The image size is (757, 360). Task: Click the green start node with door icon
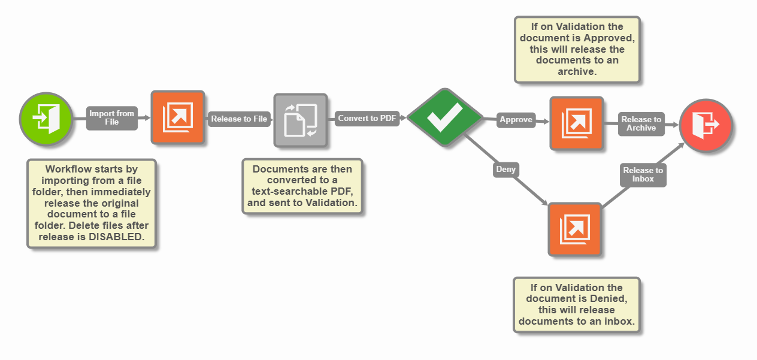[x=46, y=118]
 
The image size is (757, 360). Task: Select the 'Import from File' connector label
[x=111, y=117]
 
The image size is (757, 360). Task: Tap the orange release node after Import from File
[x=178, y=118]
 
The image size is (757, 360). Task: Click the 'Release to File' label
[x=239, y=119]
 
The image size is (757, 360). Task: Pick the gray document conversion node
[x=301, y=120]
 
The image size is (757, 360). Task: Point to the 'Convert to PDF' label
[x=367, y=118]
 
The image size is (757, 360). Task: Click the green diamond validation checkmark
[x=444, y=117]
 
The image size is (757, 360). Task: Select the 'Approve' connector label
[x=516, y=120]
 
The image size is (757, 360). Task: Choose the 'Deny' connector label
[x=505, y=170]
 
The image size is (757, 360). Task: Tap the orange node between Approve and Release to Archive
[x=576, y=123]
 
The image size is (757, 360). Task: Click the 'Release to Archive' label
[x=641, y=123]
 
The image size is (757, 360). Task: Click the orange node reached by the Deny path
[x=574, y=229]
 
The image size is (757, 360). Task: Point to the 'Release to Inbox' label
[x=643, y=174]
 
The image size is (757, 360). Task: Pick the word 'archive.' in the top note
[x=577, y=72]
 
